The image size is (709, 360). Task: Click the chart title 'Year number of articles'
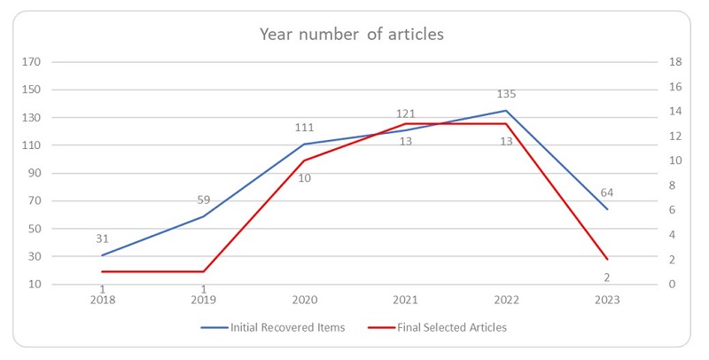(x=351, y=35)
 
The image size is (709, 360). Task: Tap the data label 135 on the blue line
(x=506, y=94)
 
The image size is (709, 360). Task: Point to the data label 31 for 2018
(x=103, y=238)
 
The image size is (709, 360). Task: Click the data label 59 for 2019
(x=203, y=200)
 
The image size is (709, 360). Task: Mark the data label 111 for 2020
(x=304, y=128)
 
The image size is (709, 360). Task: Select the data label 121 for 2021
(x=405, y=113)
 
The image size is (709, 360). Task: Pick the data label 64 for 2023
(x=606, y=192)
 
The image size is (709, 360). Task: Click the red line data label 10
(x=304, y=177)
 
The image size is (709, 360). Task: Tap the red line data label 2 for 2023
(x=607, y=278)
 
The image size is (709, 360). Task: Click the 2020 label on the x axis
(x=304, y=300)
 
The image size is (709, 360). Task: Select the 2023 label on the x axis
(x=607, y=300)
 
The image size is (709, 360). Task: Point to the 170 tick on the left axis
(x=33, y=62)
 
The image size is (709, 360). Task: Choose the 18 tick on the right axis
(x=674, y=62)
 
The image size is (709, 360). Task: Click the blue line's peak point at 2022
(x=506, y=111)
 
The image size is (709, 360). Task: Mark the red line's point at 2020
(x=304, y=160)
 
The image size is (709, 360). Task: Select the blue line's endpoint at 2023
(x=607, y=209)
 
